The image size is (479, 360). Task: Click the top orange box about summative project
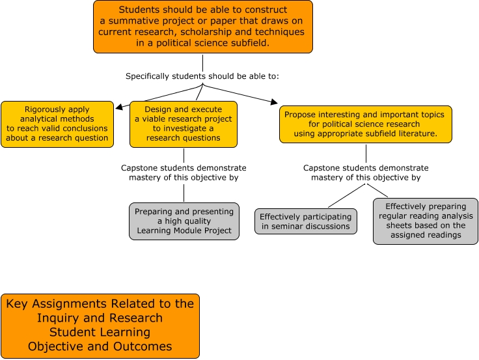(x=202, y=27)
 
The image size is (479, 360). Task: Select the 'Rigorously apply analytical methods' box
(x=57, y=124)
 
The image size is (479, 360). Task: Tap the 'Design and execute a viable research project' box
(x=183, y=124)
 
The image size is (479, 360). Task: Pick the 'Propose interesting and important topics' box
(x=365, y=124)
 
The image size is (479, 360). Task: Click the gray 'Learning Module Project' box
(x=183, y=221)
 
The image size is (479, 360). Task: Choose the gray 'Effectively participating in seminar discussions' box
(x=305, y=221)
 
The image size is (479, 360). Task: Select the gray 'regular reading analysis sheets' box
(x=425, y=221)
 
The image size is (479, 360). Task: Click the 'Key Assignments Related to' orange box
(x=100, y=325)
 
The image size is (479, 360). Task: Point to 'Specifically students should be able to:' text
(x=202, y=76)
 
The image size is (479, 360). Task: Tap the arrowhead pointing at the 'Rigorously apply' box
(x=118, y=105)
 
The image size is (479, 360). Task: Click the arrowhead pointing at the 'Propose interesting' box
(x=273, y=102)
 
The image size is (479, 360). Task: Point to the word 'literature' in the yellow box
(x=411, y=133)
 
